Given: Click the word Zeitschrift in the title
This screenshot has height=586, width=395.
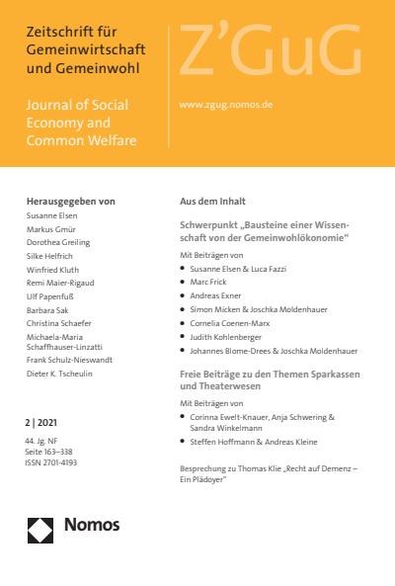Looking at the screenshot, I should [x=61, y=34].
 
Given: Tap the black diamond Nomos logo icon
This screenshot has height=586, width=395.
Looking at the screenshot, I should [x=39, y=530].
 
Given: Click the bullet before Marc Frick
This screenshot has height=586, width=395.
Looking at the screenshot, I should [x=184, y=282].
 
